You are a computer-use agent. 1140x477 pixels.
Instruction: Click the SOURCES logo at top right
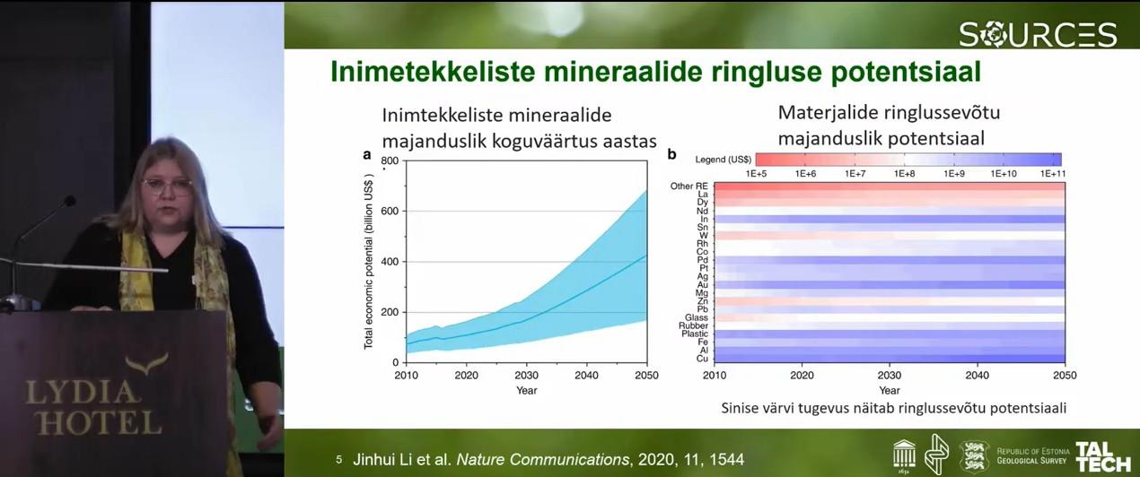[1038, 34]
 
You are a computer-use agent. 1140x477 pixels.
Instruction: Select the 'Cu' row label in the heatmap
[702, 359]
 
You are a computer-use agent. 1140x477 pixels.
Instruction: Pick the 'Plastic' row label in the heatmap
[695, 334]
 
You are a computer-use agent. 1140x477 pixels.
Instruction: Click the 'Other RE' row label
[689, 186]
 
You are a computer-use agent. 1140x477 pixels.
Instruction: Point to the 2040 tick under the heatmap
[978, 375]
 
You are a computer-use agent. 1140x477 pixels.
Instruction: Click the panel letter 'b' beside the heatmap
[671, 155]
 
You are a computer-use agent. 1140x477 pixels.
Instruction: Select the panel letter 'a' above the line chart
[366, 154]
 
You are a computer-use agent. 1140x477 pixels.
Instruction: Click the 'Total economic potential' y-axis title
[369, 260]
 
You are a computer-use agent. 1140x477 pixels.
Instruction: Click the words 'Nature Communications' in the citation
[543, 459]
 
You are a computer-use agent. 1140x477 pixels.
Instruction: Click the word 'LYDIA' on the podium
[83, 392]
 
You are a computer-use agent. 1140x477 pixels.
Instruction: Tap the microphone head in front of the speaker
[68, 202]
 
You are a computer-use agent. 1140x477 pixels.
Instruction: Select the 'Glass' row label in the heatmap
[697, 317]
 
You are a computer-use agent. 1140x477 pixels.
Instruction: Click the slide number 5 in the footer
[339, 459]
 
